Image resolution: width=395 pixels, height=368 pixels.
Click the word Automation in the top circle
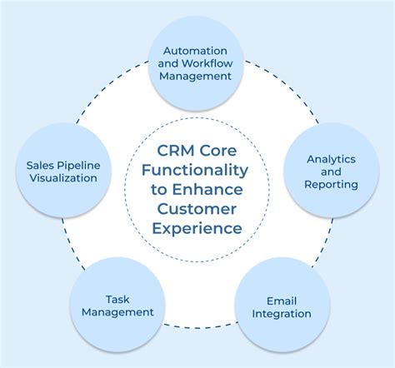(197, 48)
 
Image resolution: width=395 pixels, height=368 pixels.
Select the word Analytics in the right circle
(332, 158)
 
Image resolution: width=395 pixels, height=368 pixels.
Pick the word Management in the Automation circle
(197, 75)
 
